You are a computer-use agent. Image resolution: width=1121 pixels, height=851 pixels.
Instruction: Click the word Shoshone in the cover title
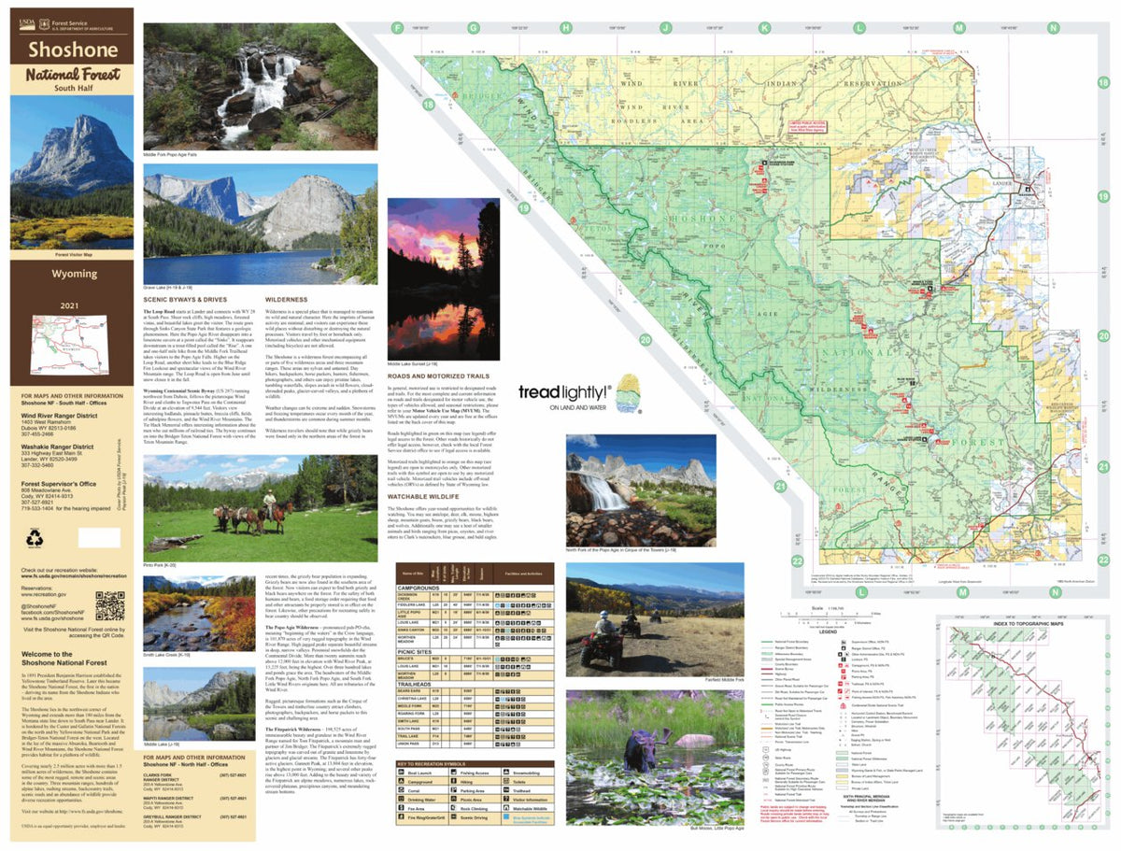[x=73, y=49]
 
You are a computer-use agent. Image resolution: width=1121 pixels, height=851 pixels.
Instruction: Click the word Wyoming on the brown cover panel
[x=73, y=274]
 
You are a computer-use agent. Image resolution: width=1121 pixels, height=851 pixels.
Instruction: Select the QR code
[x=109, y=605]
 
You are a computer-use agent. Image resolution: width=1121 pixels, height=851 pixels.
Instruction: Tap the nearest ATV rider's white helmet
[x=603, y=618]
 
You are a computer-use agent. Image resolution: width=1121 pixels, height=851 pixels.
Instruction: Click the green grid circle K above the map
[x=765, y=29]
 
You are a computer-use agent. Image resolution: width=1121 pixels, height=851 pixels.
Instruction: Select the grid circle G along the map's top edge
[x=473, y=29]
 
